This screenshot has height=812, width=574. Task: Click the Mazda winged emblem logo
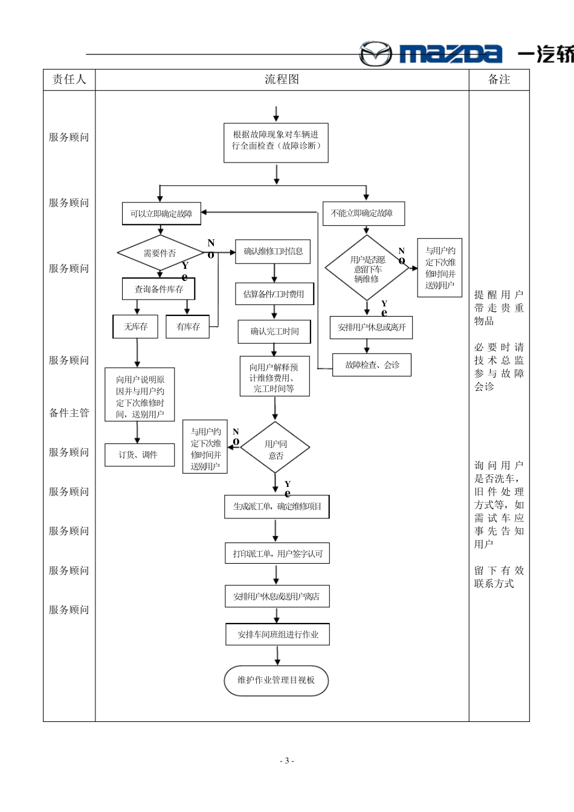pos(375,54)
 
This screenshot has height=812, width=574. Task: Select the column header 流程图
pos(282,80)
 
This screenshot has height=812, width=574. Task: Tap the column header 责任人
pos(69,80)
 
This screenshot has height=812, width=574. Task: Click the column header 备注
pos(499,80)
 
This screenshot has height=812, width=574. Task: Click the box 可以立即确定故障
pos(161,213)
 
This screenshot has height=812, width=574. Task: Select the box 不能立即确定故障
pos(363,213)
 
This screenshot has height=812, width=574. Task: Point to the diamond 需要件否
pos(160,253)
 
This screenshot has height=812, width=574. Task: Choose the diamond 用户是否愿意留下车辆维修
pos(367,268)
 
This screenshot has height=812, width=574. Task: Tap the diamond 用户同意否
pos(276,449)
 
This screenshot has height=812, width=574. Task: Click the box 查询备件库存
pos(159,289)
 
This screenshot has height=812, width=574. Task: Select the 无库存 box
pos(135,327)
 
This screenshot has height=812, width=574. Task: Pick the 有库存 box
pos(188,327)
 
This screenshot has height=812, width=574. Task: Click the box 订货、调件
pos(138,454)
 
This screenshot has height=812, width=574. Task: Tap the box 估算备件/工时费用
pos(274,294)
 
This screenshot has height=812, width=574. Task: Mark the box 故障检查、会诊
pos(372,365)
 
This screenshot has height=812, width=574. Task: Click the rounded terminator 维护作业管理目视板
pos(276,680)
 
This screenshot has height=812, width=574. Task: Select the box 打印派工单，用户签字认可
pos(277,553)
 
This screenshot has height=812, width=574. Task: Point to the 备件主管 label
pos(69,413)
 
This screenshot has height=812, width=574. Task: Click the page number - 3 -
pos(286,761)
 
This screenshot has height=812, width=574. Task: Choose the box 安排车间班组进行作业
pos(277,635)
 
